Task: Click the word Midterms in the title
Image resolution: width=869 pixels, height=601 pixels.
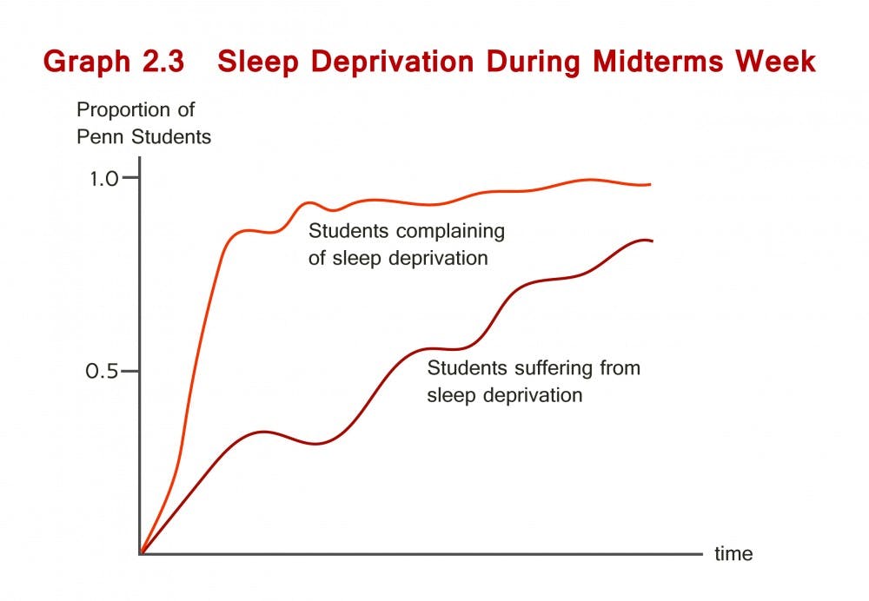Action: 657,61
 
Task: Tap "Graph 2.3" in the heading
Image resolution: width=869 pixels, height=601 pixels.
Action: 114,62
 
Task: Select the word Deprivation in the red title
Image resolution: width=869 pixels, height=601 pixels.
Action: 393,62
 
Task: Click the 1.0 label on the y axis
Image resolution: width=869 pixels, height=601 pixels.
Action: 104,178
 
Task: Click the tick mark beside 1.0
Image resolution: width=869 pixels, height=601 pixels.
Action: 131,177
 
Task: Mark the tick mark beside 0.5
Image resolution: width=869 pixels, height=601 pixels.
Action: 129,371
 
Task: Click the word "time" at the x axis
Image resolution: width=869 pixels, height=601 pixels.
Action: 733,553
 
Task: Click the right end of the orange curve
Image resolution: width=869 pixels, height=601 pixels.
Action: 651,184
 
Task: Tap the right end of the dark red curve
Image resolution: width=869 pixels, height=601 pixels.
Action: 653,241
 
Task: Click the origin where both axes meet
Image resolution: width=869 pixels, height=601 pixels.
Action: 140,553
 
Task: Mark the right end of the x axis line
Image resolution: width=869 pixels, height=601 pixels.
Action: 702,553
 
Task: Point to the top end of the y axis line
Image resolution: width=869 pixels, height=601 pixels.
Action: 140,157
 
